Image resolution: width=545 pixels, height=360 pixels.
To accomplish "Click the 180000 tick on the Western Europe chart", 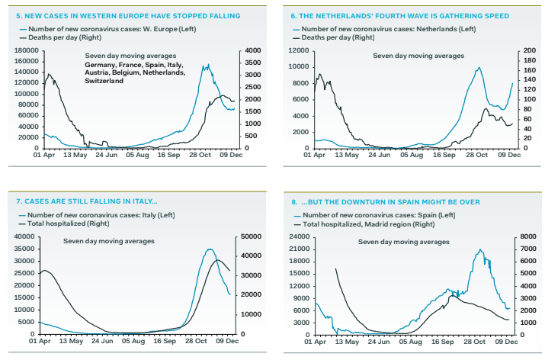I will tap(25, 50).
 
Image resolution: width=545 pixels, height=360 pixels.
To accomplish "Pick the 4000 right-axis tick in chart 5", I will tap(252, 50).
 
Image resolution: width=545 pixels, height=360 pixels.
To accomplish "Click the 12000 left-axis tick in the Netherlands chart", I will tap(299, 50).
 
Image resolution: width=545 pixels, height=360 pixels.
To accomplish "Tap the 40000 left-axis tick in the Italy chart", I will tap(25, 237).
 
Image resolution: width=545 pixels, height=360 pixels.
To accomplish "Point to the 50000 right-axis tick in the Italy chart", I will tap(251, 237).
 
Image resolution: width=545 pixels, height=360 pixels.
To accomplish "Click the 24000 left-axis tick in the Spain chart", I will tap(299, 237).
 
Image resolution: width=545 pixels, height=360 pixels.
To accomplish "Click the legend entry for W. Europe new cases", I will tap(115, 29).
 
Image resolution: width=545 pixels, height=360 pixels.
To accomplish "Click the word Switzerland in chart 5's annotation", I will tap(104, 81).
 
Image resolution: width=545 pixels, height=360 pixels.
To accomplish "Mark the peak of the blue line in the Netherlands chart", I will tap(479, 67).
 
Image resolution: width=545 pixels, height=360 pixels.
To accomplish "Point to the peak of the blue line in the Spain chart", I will tap(480, 250).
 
